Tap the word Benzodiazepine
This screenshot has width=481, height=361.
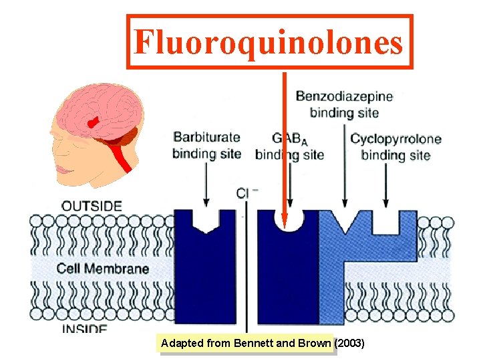(344, 96)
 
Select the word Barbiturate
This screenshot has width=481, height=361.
(206, 138)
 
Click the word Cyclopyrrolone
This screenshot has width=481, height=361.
(395, 139)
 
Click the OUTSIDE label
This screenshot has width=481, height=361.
(92, 206)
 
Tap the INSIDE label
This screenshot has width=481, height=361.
(84, 329)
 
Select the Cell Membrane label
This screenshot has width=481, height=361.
(103, 269)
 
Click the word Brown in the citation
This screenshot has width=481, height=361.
(314, 344)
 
